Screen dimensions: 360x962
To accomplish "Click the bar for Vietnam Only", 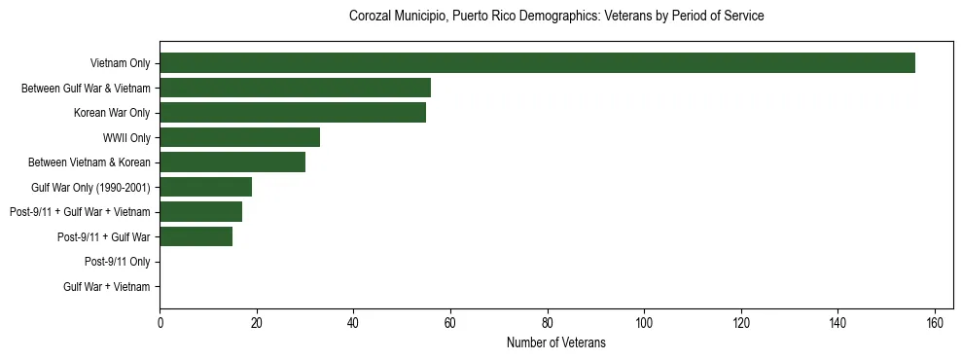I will point(537,63).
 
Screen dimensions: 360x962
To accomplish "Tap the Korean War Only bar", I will point(293,113).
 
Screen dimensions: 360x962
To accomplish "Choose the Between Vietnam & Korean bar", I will point(232,162).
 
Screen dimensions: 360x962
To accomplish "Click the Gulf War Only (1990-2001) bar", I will point(205,187).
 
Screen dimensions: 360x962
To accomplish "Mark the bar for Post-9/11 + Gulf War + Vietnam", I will point(200,212).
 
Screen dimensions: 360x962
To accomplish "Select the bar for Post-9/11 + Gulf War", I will point(196,236).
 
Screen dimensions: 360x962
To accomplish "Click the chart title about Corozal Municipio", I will point(555,17).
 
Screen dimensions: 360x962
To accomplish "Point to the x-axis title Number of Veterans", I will point(555,342).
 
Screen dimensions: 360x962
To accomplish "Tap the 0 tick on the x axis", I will point(160,323).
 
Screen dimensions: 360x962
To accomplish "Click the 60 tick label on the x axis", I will point(450,323).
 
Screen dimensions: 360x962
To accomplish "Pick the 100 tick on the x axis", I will point(644,323).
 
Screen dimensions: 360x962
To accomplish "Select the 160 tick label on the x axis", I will point(935,323).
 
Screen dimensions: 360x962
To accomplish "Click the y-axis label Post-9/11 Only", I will point(117,262).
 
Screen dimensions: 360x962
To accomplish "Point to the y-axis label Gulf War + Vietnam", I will point(106,286).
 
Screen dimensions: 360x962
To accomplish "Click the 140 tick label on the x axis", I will point(837,323).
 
